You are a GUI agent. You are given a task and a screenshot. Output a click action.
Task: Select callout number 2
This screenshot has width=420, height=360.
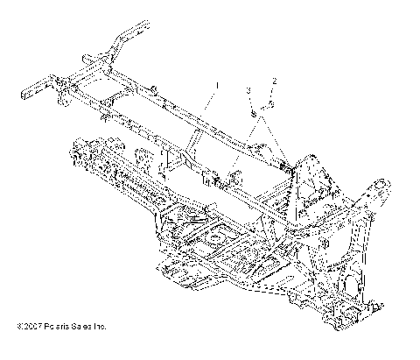(274, 81)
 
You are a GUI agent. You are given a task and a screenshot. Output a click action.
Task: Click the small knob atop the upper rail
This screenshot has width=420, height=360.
(154, 88)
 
